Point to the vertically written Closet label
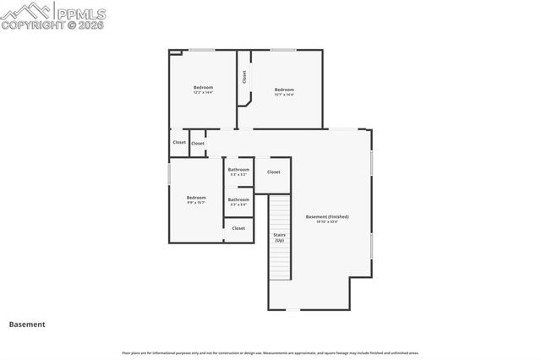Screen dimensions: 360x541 [244, 77]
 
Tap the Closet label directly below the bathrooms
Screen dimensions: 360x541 [238, 228]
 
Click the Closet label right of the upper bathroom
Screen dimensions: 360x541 [274, 172]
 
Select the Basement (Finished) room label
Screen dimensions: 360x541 [327, 216]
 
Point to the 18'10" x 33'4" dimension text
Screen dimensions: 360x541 [327, 222]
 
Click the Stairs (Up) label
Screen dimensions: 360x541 [279, 237]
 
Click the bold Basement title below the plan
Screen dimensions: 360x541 [27, 324]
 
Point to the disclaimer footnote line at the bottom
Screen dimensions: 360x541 [270, 353]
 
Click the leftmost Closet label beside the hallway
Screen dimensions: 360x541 [179, 142]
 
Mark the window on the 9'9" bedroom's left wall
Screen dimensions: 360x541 [170, 174]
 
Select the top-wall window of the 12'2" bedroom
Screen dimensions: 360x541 [201, 51]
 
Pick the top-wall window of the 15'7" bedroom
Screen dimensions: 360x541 [283, 51]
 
